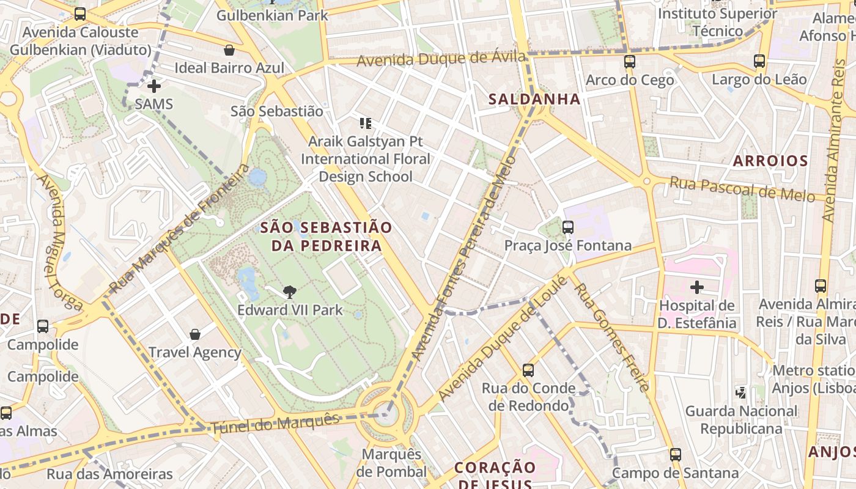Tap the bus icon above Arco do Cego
pyautogui.click(x=630, y=62)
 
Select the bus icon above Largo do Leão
pyautogui.click(x=759, y=61)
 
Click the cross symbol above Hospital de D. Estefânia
pyautogui.click(x=696, y=287)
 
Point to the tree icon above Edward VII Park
pyautogui.click(x=290, y=292)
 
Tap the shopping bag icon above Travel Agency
pyautogui.click(x=195, y=334)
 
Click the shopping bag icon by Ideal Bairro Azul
pyautogui.click(x=229, y=50)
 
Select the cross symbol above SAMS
pyautogui.click(x=154, y=86)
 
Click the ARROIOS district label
pyautogui.click(x=770, y=161)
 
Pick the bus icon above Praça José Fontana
pyautogui.click(x=568, y=227)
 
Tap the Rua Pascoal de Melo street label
pyautogui.click(x=742, y=188)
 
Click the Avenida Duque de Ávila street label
pyautogui.click(x=441, y=59)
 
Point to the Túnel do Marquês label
pyautogui.click(x=275, y=424)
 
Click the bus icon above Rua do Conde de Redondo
pyautogui.click(x=528, y=370)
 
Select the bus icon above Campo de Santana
pyautogui.click(x=676, y=455)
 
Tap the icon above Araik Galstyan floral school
pyautogui.click(x=366, y=123)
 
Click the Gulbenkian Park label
pyautogui.click(x=272, y=15)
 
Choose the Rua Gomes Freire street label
pyautogui.click(x=611, y=337)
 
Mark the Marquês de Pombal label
pyautogui.click(x=391, y=463)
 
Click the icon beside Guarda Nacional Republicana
pyautogui.click(x=741, y=392)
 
